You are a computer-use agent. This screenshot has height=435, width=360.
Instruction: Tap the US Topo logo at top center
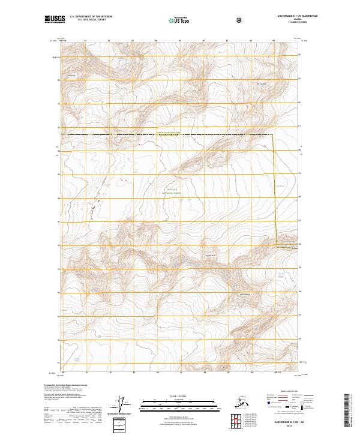coord(181,20)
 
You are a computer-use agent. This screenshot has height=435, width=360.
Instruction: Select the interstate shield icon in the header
coord(239,20)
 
